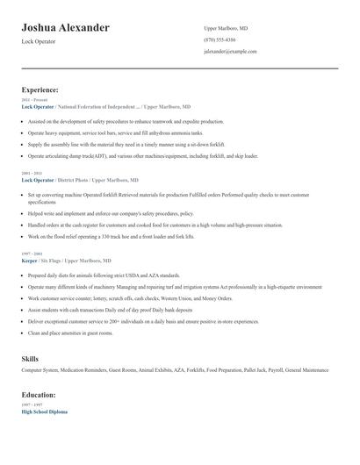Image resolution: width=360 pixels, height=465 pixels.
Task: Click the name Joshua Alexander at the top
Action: point(66,28)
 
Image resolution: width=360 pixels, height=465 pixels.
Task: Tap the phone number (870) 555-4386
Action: point(220,39)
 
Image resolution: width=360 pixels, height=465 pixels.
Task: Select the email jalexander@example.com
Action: point(230,52)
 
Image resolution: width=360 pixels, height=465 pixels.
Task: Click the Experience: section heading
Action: point(40,89)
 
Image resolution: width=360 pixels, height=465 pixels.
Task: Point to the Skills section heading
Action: point(30,359)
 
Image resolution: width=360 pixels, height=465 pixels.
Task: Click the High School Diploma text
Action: point(45,411)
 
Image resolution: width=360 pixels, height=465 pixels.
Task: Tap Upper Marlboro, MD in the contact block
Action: point(224,27)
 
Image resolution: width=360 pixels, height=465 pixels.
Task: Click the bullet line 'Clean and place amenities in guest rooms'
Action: point(83,333)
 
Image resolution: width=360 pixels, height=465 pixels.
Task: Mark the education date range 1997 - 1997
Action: point(31,404)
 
